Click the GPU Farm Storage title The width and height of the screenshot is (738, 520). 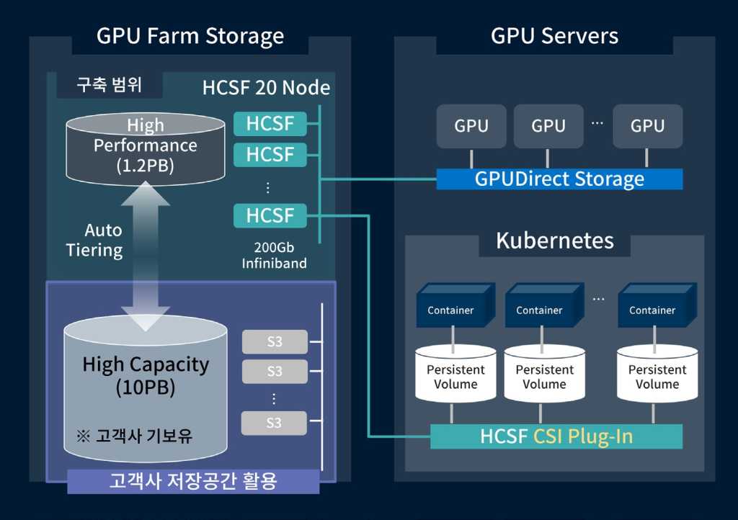(190, 35)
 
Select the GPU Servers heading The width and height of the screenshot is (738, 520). (554, 35)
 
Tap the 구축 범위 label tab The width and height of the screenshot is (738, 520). (110, 85)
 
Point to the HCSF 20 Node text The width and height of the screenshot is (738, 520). (266, 88)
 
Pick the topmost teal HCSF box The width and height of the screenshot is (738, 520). (270, 123)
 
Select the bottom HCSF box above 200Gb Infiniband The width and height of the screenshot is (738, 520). (270, 215)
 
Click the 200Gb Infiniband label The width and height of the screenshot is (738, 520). (274, 255)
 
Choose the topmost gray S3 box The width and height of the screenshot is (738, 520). (275, 341)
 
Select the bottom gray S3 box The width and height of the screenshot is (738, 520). (274, 423)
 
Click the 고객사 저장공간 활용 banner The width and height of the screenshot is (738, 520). (193, 481)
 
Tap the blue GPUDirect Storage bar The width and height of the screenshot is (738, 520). (559, 179)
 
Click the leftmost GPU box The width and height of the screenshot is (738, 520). (471, 126)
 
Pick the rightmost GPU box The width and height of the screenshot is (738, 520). (647, 126)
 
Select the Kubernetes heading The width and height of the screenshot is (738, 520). (554, 241)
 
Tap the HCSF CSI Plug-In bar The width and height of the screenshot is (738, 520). (556, 436)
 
